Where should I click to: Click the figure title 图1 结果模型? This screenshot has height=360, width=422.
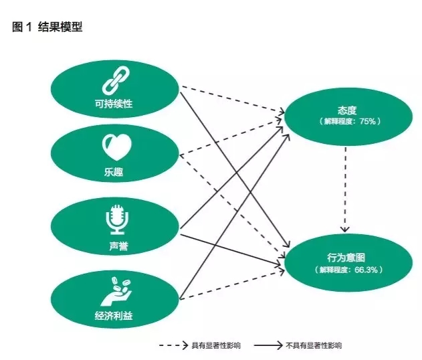coord(47,28)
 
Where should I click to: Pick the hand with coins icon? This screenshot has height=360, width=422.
coord(114,288)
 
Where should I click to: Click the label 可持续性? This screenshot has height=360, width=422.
coord(114,104)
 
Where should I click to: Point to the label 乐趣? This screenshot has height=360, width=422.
coord(114,172)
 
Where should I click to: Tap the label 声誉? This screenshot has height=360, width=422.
coord(114,247)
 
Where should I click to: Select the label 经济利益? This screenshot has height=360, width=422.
coord(114,315)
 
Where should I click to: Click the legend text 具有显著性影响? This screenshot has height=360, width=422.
coord(215,345)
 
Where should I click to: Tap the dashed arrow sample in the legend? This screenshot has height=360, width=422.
coord(173,345)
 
